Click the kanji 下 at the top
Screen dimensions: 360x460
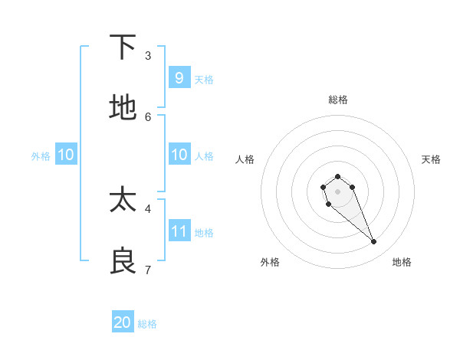tap(123, 47)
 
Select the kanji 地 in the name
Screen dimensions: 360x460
tap(123, 108)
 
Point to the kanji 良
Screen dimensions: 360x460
tap(123, 261)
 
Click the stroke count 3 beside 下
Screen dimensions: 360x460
tap(148, 56)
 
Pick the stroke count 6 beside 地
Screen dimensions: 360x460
tap(148, 116)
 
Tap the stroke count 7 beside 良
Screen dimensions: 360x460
tap(148, 270)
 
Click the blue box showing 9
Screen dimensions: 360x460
tap(179, 78)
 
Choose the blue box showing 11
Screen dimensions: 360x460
tap(179, 231)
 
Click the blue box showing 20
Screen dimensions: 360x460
tap(123, 322)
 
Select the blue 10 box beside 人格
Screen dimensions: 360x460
tap(179, 155)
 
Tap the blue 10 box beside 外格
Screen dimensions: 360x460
tap(66, 155)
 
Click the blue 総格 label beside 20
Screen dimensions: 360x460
tap(147, 324)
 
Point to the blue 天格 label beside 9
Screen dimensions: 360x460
tap(204, 80)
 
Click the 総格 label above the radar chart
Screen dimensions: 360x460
tap(338, 100)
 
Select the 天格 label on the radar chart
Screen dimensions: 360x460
tap(431, 159)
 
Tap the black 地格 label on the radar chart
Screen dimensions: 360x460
tap(402, 262)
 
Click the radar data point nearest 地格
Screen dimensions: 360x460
tap(374, 242)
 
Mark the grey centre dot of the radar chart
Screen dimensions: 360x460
tap(338, 191)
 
